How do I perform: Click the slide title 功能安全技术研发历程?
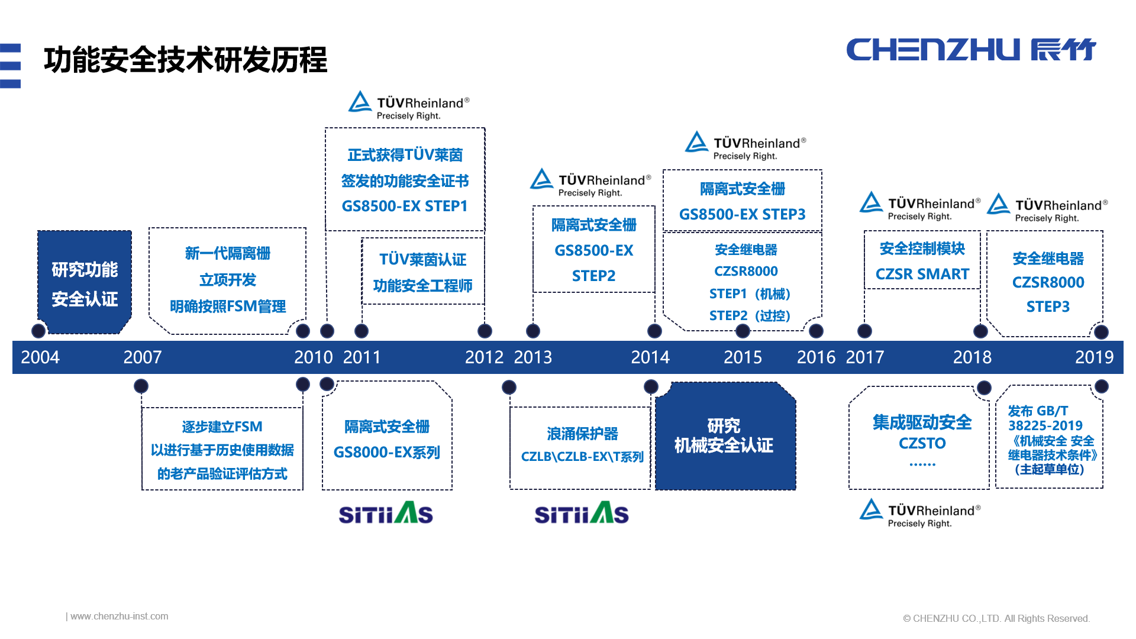click(x=185, y=60)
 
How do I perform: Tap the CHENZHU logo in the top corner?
click(x=970, y=50)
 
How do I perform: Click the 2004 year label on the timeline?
click(x=40, y=357)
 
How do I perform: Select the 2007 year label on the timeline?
click(x=142, y=357)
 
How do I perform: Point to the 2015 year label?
click(x=743, y=357)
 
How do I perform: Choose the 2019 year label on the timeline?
click(x=1094, y=357)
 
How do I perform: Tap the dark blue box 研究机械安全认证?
click(x=724, y=436)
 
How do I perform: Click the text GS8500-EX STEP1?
click(x=405, y=206)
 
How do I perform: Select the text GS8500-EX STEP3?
click(x=742, y=214)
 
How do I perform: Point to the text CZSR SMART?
click(x=922, y=275)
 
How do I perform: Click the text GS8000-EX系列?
click(x=387, y=453)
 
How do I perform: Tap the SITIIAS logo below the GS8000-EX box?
click(x=386, y=514)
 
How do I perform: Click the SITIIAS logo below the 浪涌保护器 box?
click(x=582, y=514)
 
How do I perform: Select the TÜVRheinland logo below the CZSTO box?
click(x=920, y=514)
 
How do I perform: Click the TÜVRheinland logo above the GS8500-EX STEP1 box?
click(x=409, y=106)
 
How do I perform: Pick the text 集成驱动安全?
click(x=922, y=422)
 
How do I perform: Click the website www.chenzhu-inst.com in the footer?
click(x=118, y=617)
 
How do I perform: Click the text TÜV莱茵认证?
click(x=422, y=260)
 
